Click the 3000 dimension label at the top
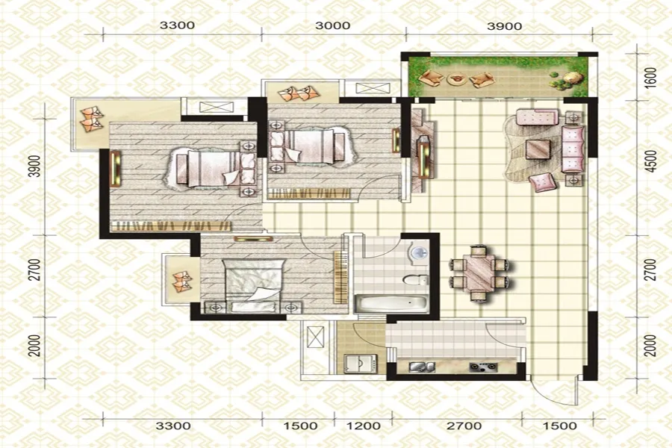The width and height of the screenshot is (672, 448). pos(332,25)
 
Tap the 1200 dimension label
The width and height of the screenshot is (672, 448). pos(363,426)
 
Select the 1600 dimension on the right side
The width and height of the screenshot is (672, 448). pos(650,78)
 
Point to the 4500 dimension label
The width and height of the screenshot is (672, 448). pos(650,161)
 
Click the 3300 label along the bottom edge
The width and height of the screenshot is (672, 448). pos(173,426)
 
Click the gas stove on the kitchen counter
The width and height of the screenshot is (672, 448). pos(483,367)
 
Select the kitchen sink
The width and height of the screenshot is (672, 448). pos(422,367)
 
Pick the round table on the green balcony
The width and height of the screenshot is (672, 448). pos(456,79)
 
